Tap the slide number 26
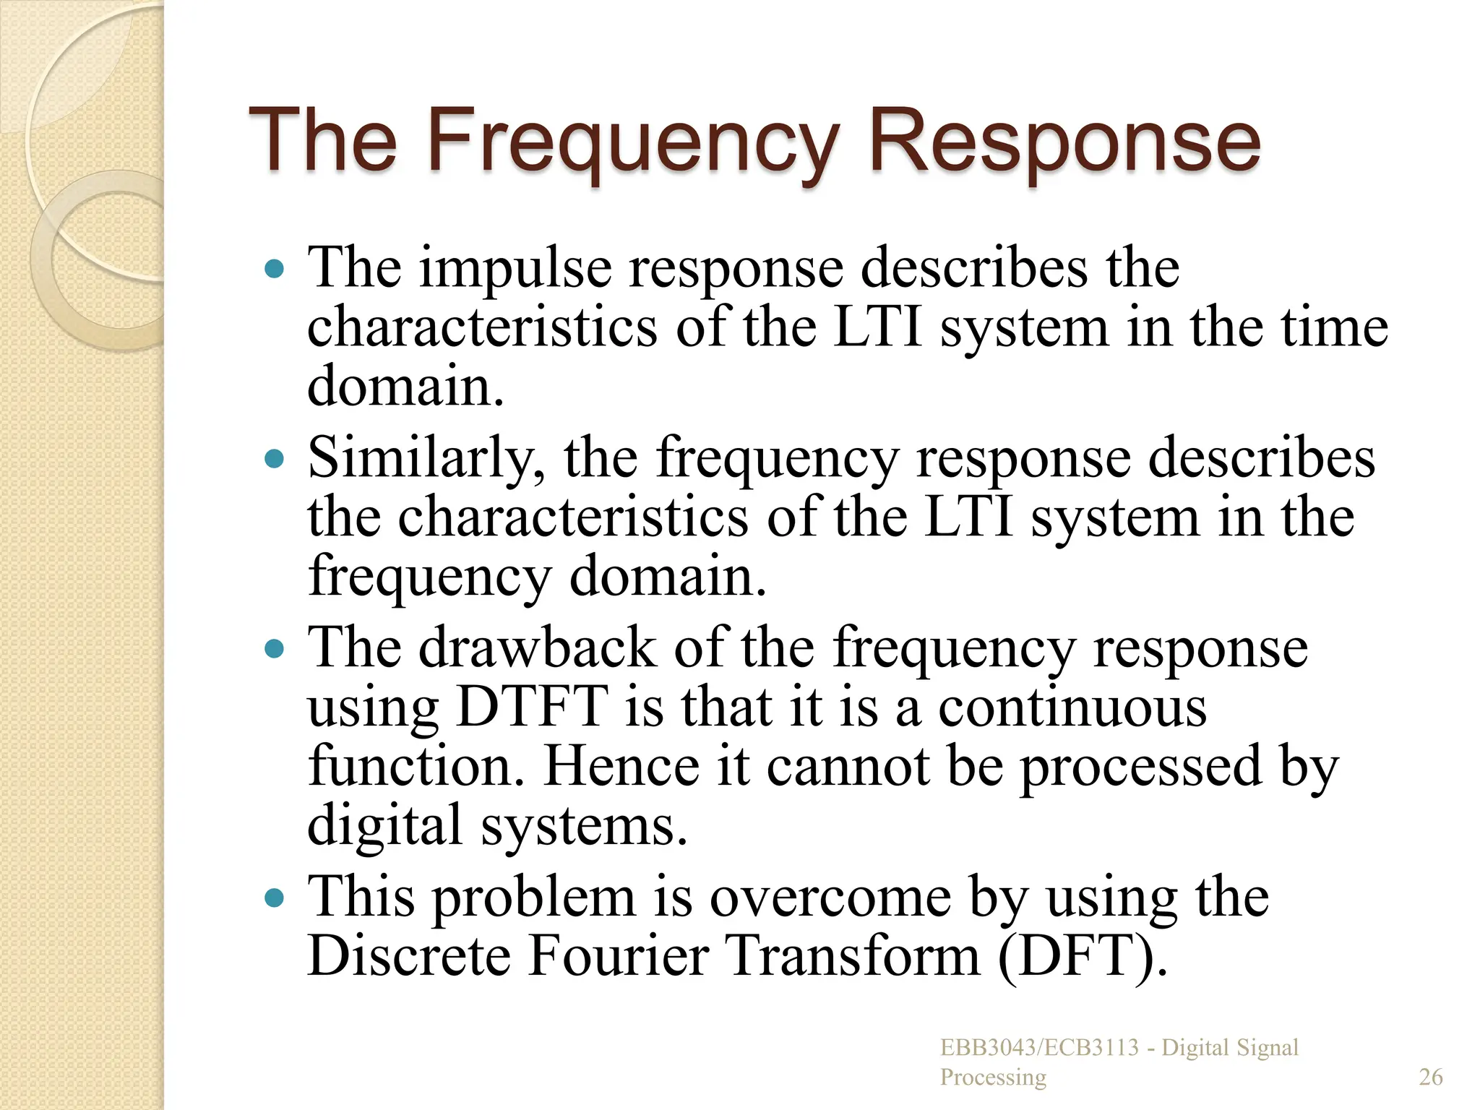1431,1077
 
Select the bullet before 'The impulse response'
275,270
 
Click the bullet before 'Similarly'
275,459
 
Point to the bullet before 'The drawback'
275,648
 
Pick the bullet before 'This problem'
275,898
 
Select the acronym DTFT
532,707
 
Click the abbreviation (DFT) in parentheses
1083,956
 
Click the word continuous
1072,707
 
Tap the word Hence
622,766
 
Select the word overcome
830,898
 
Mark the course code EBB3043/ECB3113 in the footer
1039,1048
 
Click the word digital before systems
384,825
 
